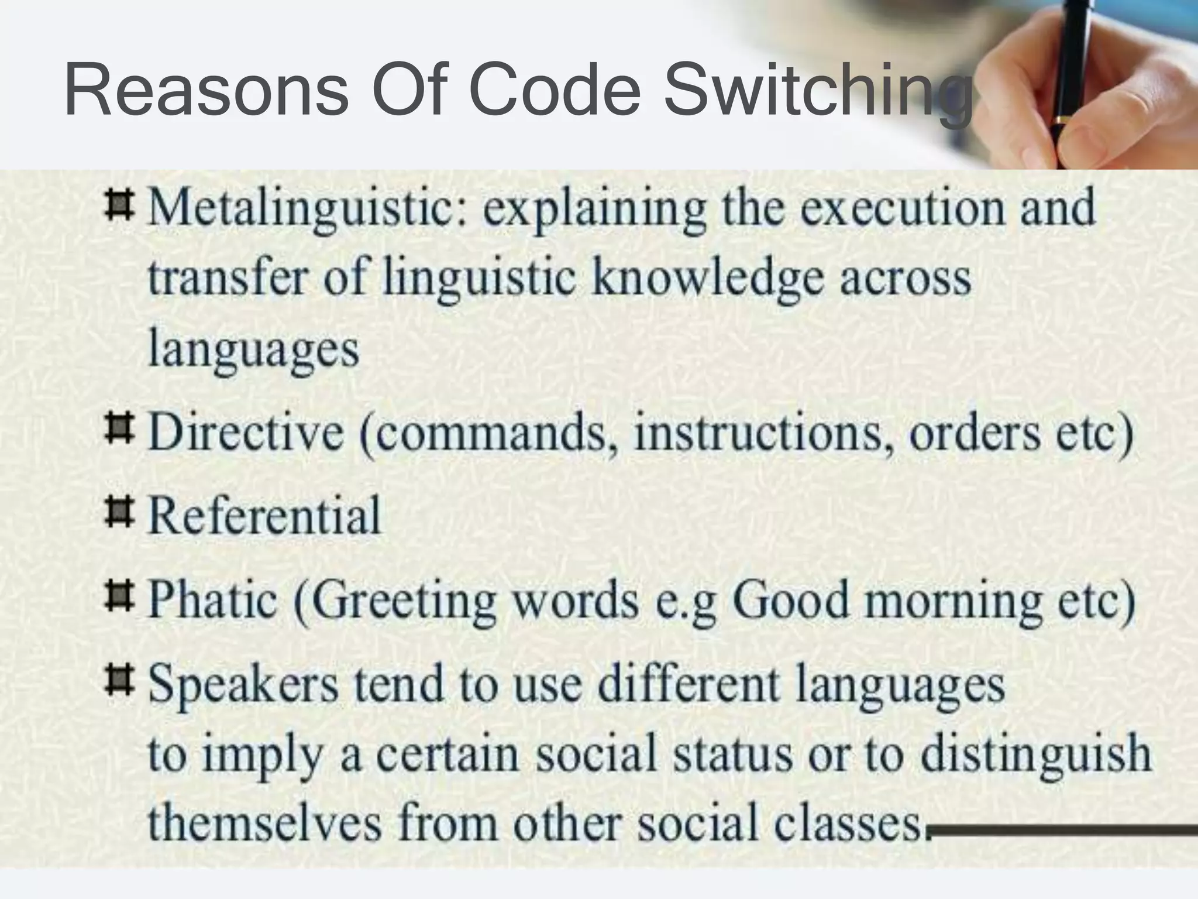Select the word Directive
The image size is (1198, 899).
[x=246, y=433]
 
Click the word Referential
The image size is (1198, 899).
[x=264, y=516]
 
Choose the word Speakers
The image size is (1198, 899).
[x=243, y=686]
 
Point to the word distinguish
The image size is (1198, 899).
[x=1035, y=755]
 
